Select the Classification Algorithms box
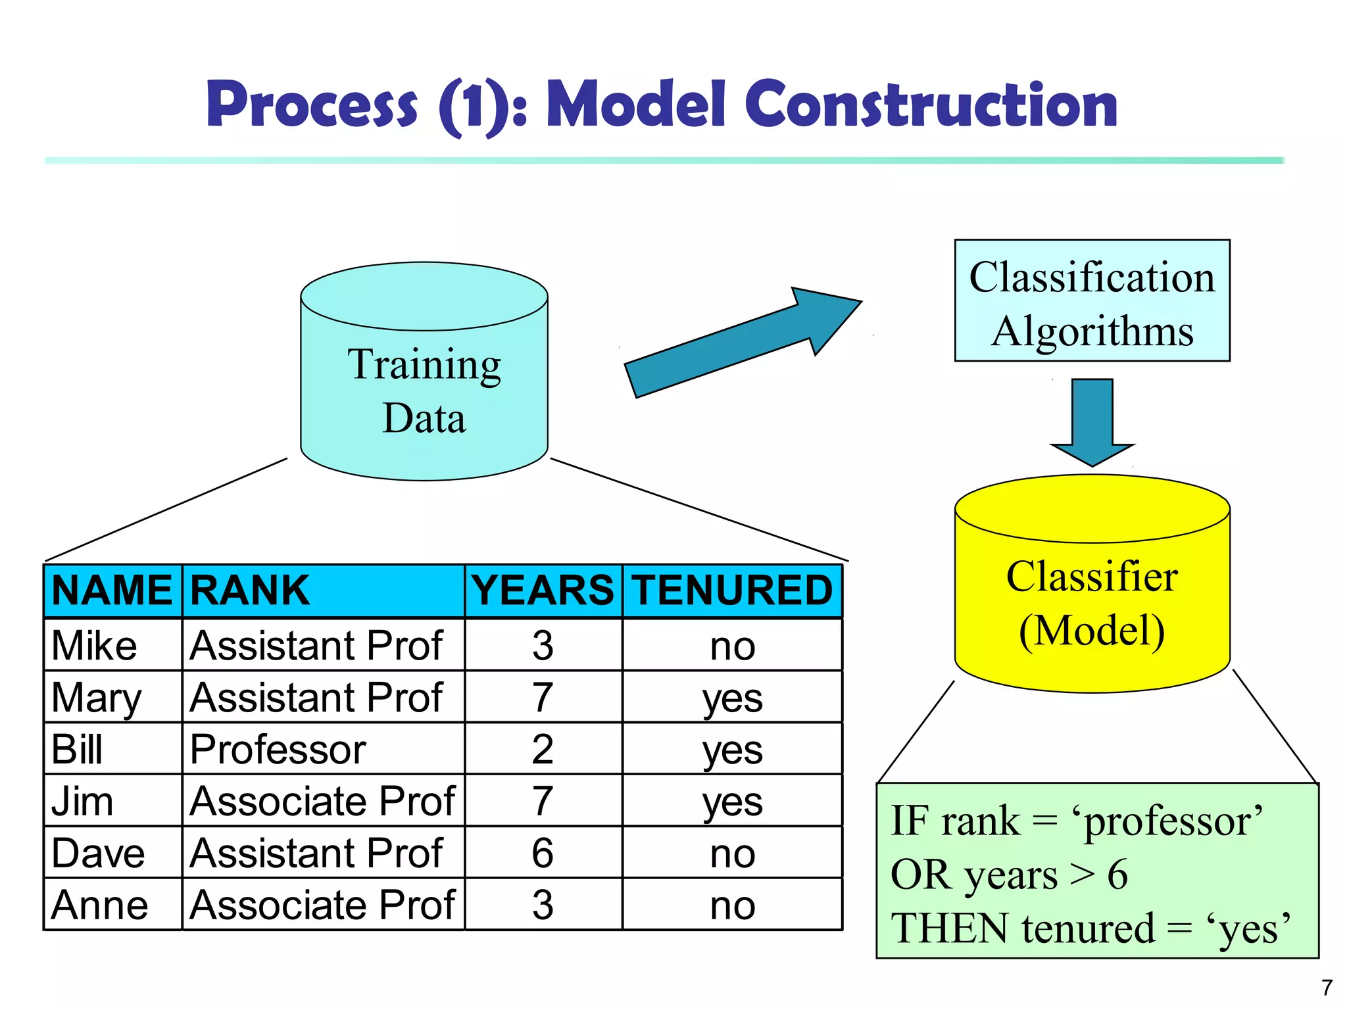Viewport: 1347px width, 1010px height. click(1092, 301)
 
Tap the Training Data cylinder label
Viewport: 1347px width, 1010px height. click(424, 391)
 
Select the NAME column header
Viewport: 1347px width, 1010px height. click(112, 590)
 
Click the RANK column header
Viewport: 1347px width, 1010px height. click(250, 590)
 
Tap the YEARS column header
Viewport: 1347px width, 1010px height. click(543, 590)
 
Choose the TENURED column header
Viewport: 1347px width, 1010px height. click(733, 590)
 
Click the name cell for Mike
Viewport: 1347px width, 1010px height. click(95, 646)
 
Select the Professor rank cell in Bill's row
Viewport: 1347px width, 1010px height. click(278, 750)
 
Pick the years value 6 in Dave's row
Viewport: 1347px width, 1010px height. click(543, 854)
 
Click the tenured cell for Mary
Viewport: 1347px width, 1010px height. click(733, 698)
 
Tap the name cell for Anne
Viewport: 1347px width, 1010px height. click(100, 905)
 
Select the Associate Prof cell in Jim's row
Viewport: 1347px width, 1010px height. click(322, 802)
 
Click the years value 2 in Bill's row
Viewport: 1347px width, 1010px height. click(543, 750)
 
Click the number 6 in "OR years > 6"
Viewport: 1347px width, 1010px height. click(1117, 875)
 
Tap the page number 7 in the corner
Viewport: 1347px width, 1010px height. click(1327, 988)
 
